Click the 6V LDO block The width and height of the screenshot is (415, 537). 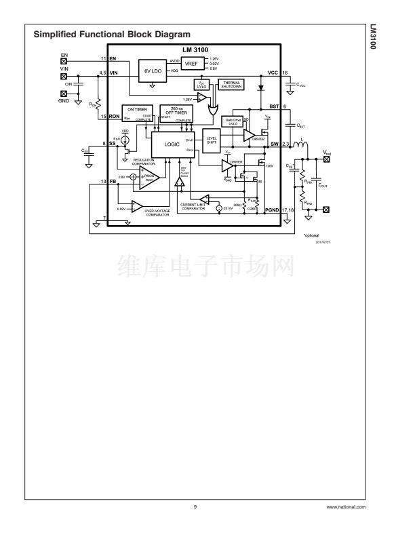(x=151, y=70)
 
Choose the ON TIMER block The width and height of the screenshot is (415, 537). (x=138, y=113)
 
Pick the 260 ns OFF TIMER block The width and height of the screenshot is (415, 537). (x=176, y=113)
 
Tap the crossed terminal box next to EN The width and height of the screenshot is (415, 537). (x=64, y=61)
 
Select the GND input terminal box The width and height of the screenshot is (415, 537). (x=64, y=94)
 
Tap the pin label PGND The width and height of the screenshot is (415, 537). (x=273, y=211)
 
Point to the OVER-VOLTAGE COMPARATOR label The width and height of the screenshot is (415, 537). (x=159, y=213)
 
